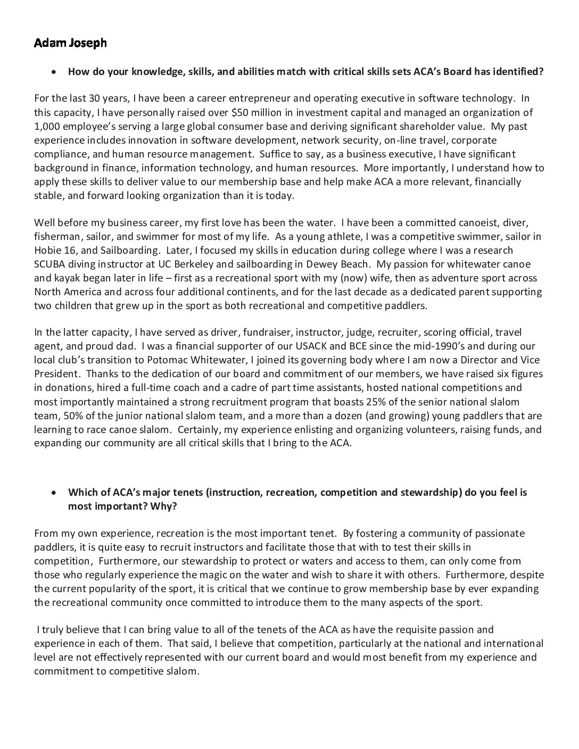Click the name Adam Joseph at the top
coord(70,43)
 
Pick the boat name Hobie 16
coord(53,250)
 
